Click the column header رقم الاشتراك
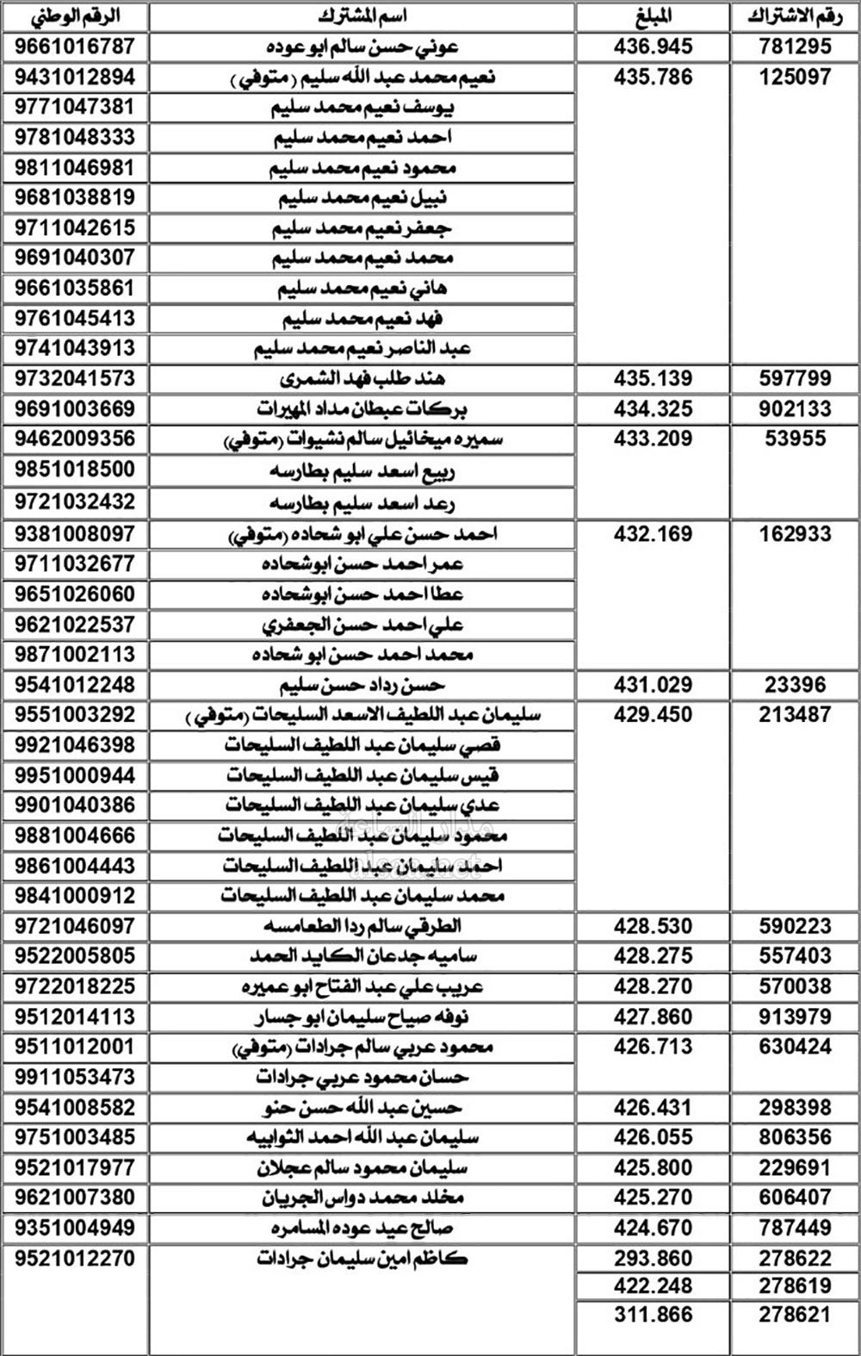(x=795, y=16)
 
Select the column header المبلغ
(x=653, y=16)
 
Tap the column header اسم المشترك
(x=362, y=16)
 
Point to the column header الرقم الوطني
(x=75, y=16)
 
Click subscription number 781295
(x=795, y=47)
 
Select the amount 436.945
(x=653, y=47)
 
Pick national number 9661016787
(x=75, y=47)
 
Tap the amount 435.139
(x=653, y=378)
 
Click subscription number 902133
(x=795, y=408)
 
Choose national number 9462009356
(x=75, y=439)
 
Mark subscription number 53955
(x=795, y=439)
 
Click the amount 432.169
(x=653, y=534)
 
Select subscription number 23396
(x=795, y=685)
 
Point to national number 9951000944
(x=75, y=775)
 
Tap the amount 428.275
(x=653, y=956)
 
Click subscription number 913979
(x=795, y=1017)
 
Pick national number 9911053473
(x=75, y=1077)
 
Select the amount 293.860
(x=653, y=1259)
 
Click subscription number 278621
(x=795, y=1315)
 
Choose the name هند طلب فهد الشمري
(x=362, y=378)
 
